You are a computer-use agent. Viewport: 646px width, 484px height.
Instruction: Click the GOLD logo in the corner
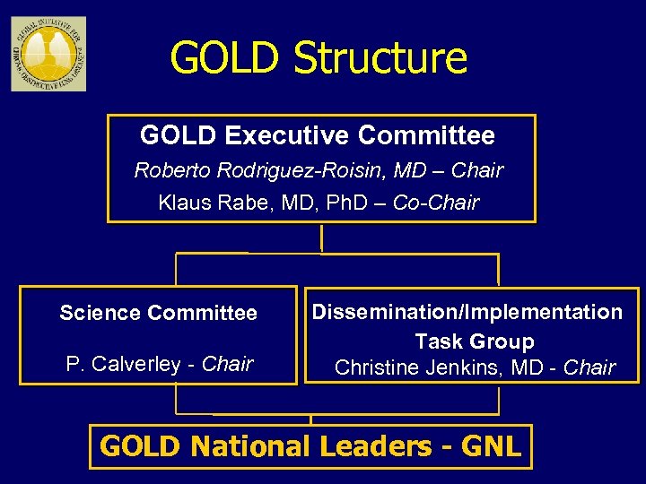click(48, 54)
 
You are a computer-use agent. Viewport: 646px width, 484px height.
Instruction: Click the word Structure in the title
click(380, 58)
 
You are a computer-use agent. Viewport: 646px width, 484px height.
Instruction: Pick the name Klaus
click(183, 203)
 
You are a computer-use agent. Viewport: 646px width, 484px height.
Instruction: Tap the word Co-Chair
click(436, 203)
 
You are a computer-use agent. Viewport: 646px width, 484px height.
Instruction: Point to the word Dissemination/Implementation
click(467, 312)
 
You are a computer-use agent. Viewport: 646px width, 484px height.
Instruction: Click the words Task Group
click(474, 341)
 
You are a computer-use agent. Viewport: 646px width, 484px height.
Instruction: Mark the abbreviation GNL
click(492, 446)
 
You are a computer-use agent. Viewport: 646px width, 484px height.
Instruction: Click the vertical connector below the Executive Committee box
click(321, 238)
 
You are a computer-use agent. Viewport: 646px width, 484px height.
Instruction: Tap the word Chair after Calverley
click(228, 364)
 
